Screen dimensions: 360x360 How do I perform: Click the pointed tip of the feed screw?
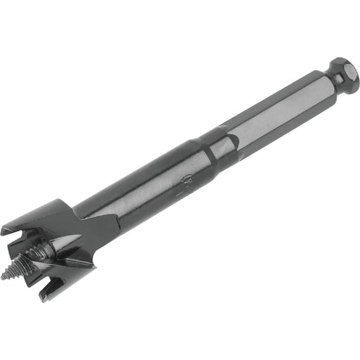pos(5,276)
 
